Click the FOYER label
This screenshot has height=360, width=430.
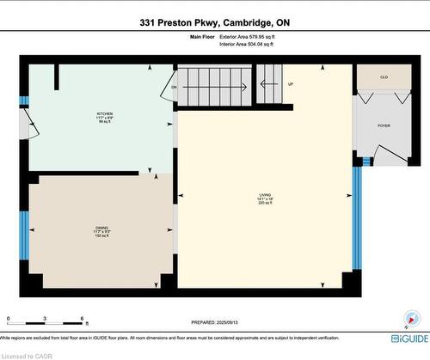[384, 126]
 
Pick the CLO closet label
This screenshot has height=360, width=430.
[384, 77]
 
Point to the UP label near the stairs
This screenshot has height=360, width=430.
[291, 84]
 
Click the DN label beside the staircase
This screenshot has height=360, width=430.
[174, 87]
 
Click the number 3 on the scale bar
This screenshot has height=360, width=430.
[45, 320]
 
